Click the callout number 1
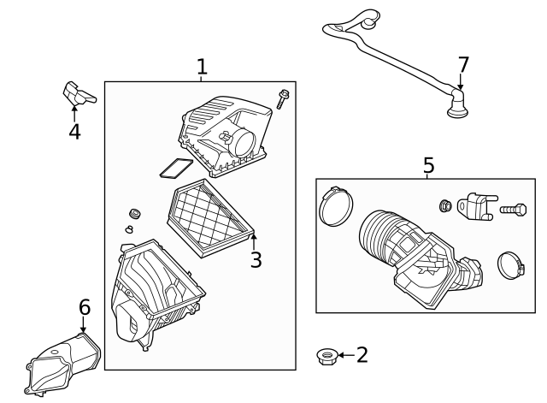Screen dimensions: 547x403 [202, 67]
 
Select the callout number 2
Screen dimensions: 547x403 [362, 355]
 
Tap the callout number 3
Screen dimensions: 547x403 [256, 260]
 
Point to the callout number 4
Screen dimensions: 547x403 [74, 132]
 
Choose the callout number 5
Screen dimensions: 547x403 [429, 165]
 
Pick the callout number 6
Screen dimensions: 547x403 [85, 307]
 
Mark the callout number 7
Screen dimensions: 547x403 [463, 65]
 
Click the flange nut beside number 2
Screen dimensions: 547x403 [326, 357]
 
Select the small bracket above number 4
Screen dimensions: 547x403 [79, 93]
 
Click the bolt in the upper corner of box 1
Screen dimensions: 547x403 [283, 99]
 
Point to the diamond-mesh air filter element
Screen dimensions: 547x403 [210, 218]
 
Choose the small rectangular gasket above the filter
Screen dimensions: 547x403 [176, 168]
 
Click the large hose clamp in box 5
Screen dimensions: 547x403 [336, 206]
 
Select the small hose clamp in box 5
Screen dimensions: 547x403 [511, 266]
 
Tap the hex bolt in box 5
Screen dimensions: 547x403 [513, 210]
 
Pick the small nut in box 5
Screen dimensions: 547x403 [445, 205]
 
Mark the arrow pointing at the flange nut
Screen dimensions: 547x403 [347, 355]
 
